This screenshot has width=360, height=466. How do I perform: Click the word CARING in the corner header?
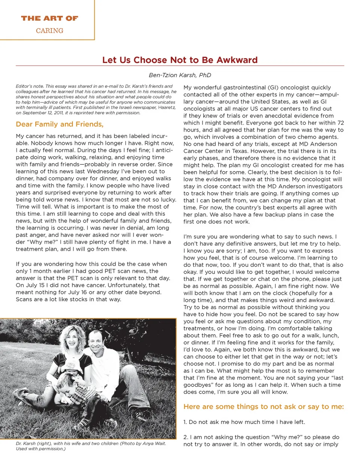point(49,31)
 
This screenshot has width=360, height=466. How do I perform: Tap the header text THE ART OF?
point(49,18)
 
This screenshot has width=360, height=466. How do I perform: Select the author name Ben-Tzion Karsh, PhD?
point(180,75)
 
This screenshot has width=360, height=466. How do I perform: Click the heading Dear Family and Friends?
point(60,124)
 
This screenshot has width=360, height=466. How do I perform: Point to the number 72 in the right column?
point(340,123)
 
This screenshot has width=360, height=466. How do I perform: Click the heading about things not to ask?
point(263,407)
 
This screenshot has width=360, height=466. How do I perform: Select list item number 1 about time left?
point(244,422)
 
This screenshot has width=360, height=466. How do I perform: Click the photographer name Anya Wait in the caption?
point(154,443)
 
